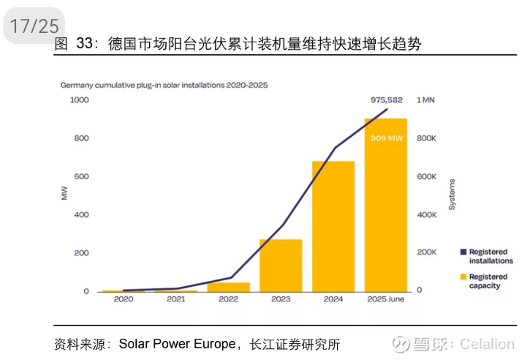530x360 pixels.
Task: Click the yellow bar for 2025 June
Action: tap(385, 205)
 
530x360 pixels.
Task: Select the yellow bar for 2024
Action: tap(333, 226)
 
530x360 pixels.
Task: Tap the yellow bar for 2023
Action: tap(281, 265)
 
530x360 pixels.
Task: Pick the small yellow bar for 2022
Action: tap(228, 287)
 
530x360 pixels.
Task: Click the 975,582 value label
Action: tap(387, 100)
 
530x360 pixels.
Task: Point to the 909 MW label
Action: tap(387, 138)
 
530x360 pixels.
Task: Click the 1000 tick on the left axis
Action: tap(79, 100)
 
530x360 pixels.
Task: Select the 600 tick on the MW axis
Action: tap(82, 176)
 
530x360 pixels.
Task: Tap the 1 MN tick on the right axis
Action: tap(426, 100)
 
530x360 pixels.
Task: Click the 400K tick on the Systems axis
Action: tap(428, 214)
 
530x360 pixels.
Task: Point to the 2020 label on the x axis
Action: tap(123, 299)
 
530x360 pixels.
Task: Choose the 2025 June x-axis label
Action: tap(385, 299)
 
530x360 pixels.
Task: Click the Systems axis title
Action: tap(452, 195)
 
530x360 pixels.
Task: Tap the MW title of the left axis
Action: tap(64, 195)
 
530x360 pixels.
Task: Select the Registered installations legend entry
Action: tap(490, 256)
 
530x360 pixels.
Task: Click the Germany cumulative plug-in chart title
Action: tap(164, 85)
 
